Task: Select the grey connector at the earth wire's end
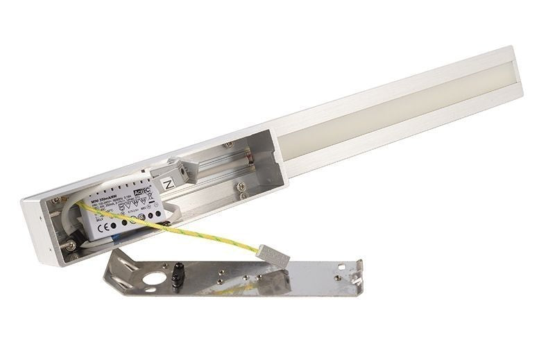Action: coord(273,255)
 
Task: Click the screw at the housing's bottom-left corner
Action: coord(71,246)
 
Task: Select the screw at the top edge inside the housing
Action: coord(229,144)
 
